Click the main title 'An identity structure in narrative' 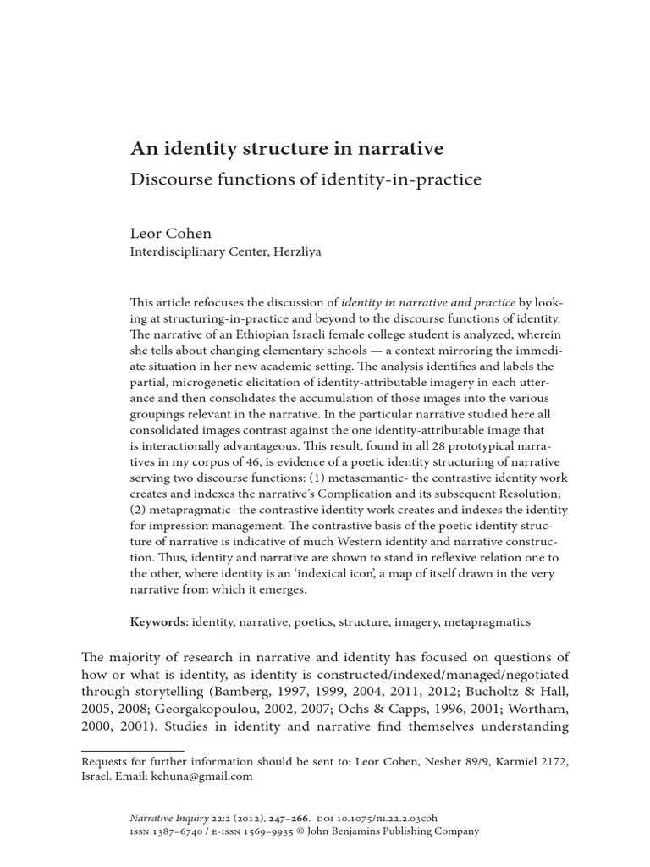(x=286, y=149)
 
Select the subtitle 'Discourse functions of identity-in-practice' (x=306, y=179)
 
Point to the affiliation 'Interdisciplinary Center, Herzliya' (x=225, y=251)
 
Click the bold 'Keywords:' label (x=159, y=622)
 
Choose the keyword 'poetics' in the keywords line (x=313, y=622)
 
